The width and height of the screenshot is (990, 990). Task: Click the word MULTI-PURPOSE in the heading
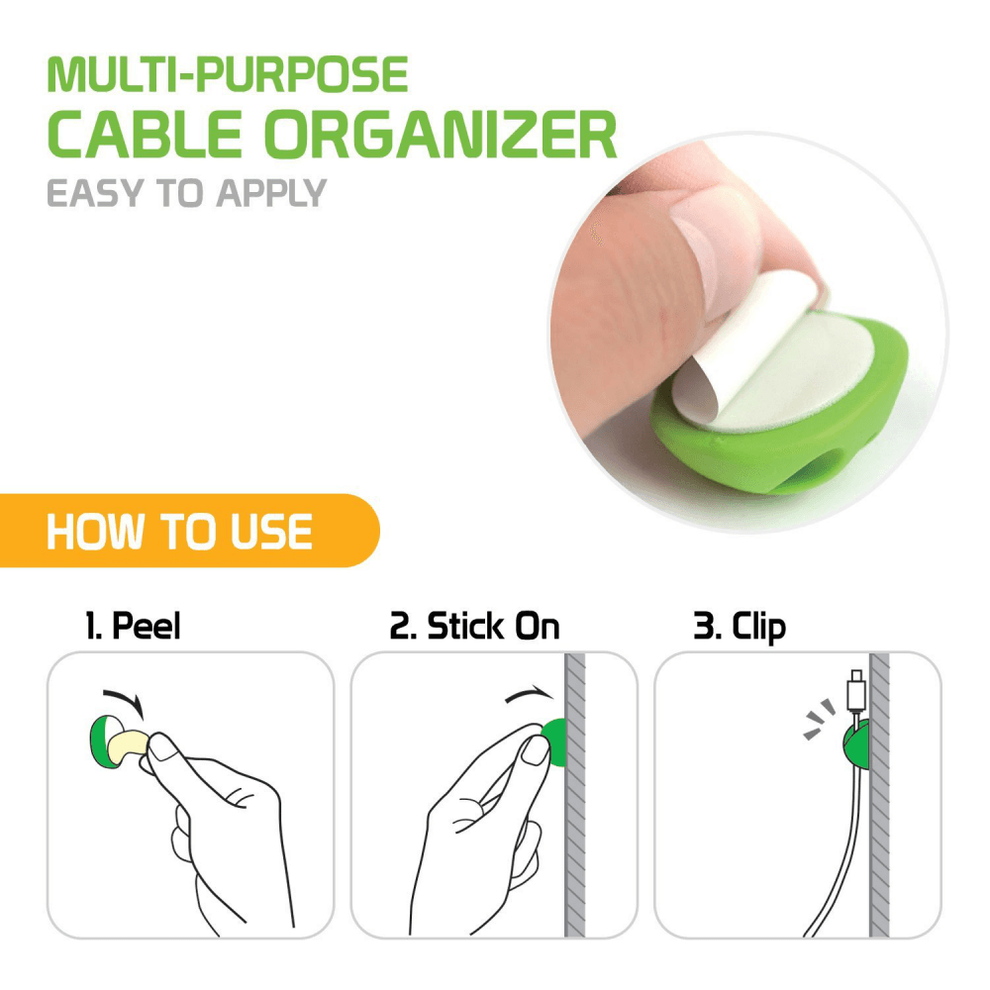228,75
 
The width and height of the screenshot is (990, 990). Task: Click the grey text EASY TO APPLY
186,192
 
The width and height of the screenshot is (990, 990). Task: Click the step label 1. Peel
132,626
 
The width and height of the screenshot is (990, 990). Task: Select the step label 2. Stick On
474,626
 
